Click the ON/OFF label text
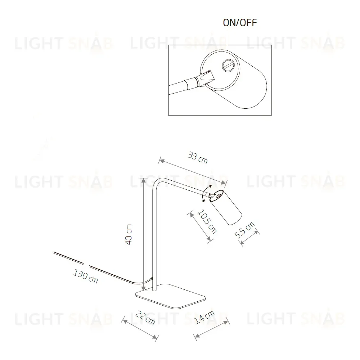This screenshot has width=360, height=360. (x=240, y=22)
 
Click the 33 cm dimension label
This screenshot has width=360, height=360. (x=198, y=158)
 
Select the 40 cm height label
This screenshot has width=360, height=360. (x=129, y=234)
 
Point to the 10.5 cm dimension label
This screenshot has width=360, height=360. (x=207, y=221)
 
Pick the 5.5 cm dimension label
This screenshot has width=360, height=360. (x=244, y=230)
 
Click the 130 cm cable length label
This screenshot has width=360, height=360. (x=85, y=276)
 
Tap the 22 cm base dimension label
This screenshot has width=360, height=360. (x=145, y=318)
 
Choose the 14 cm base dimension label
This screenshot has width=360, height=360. (x=204, y=317)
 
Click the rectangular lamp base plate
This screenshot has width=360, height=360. (x=170, y=296)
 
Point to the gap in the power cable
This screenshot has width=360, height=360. (x=86, y=265)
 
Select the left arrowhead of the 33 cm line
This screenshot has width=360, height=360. (x=162, y=161)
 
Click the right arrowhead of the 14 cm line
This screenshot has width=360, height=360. (x=226, y=322)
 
